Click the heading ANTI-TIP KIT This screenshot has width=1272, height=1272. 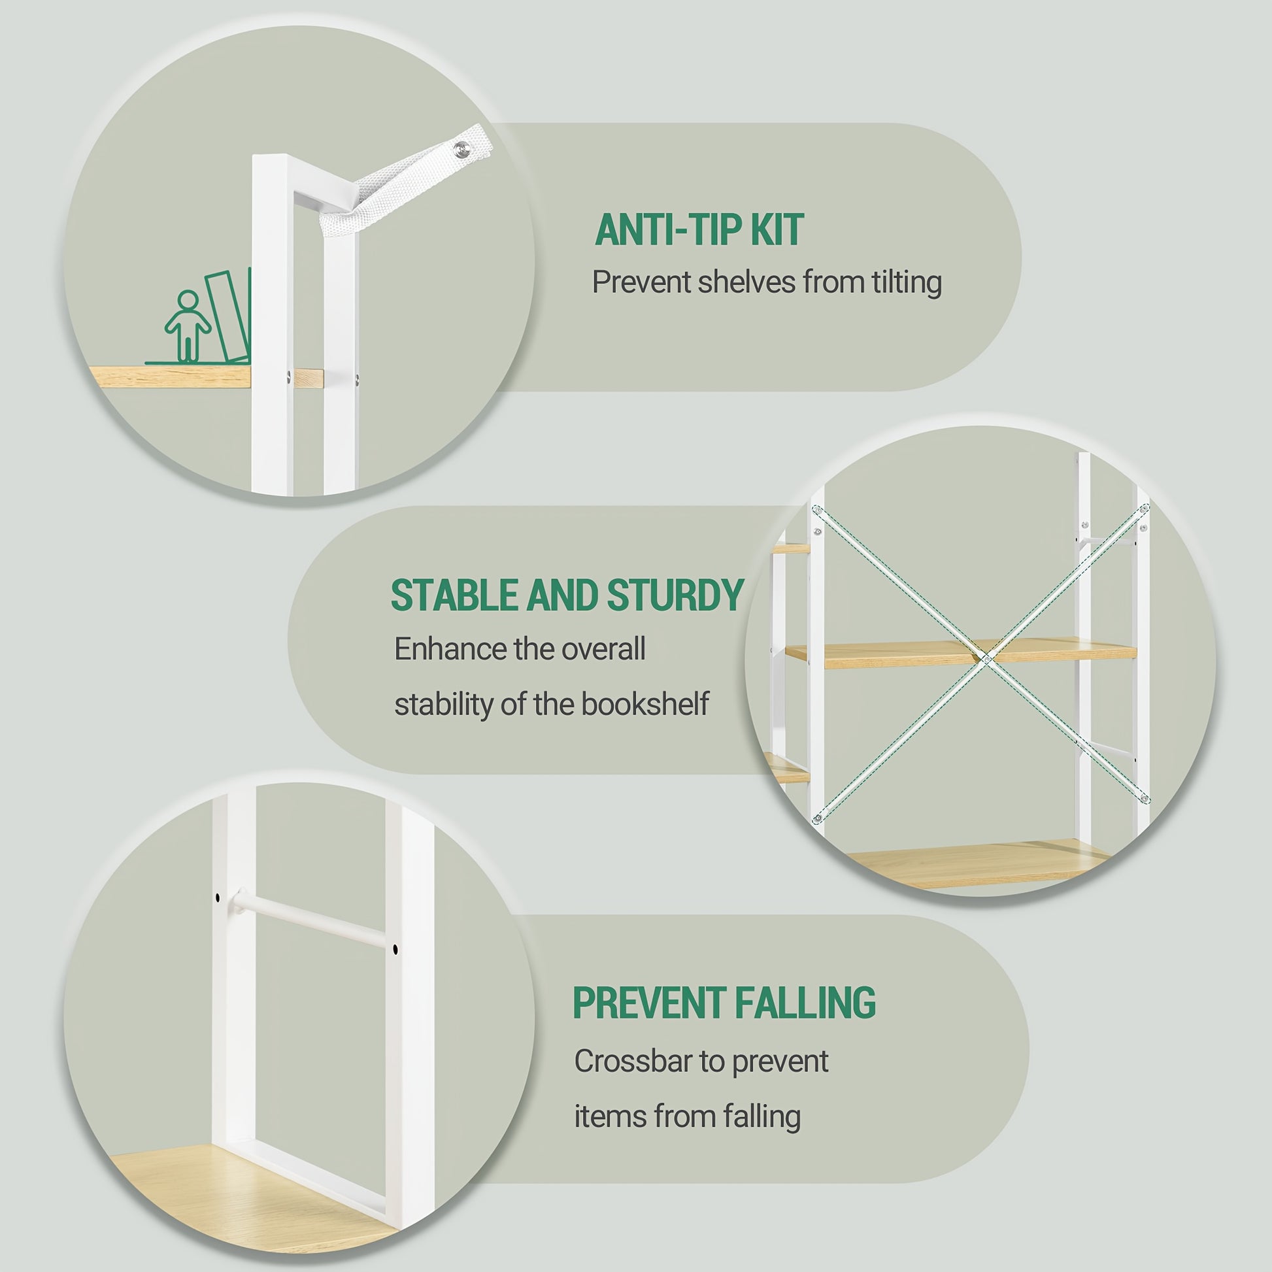(x=699, y=230)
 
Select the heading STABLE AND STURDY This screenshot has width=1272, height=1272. (x=567, y=595)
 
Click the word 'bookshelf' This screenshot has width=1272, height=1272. (x=644, y=705)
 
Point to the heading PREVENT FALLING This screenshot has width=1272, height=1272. (x=724, y=1003)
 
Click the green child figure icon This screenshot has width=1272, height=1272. (x=188, y=327)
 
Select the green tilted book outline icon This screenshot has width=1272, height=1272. (x=227, y=316)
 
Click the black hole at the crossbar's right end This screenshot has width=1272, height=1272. (x=394, y=949)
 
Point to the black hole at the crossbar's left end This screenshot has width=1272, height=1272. (x=216, y=897)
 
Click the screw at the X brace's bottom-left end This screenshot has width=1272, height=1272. (x=817, y=818)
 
